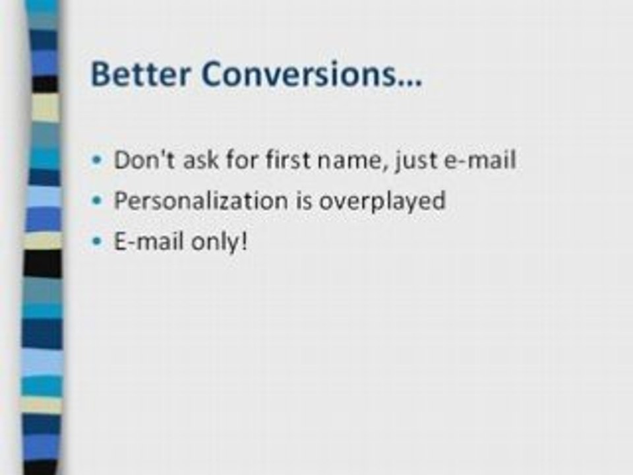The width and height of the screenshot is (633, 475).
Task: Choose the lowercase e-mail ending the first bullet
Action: pyautogui.click(x=479, y=160)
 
